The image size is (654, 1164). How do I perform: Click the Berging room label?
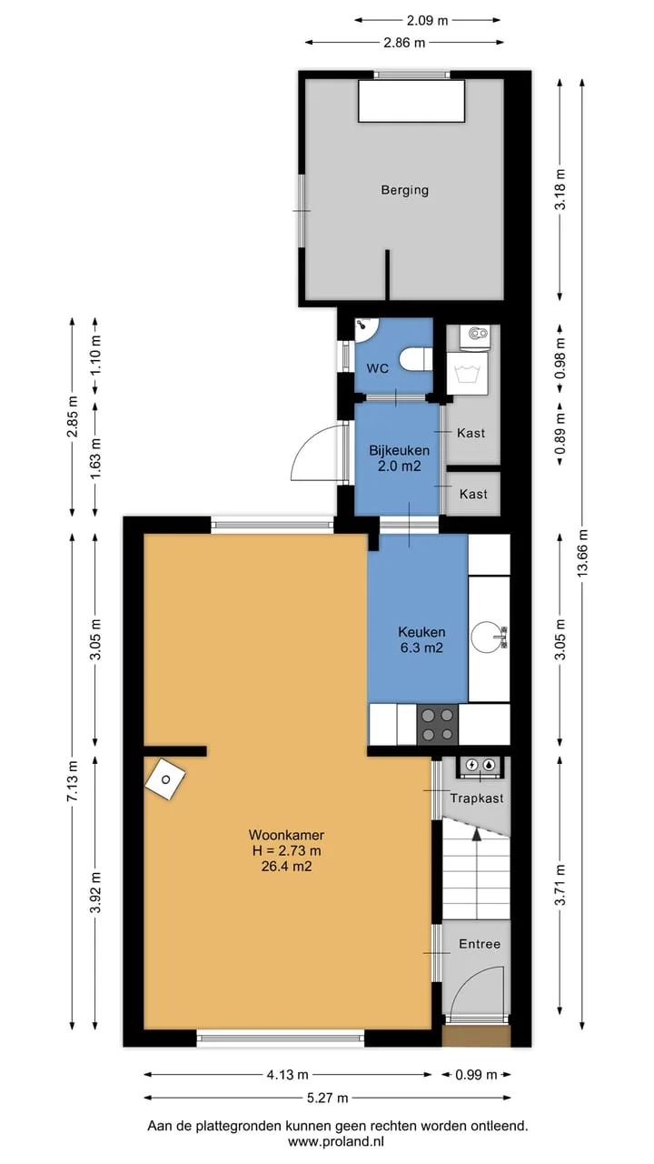pyautogui.click(x=405, y=190)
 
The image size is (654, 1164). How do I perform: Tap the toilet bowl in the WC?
pyautogui.click(x=416, y=359)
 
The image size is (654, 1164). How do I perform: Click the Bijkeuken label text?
pyautogui.click(x=399, y=450)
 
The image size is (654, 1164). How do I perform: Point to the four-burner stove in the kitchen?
pyautogui.click(x=438, y=725)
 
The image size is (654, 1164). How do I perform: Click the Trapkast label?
pyautogui.click(x=477, y=798)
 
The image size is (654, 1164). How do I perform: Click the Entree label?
pyautogui.click(x=480, y=944)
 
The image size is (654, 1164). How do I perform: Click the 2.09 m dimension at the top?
pyautogui.click(x=427, y=20)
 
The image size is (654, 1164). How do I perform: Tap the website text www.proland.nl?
pyautogui.click(x=336, y=1141)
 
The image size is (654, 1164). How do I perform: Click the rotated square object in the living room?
pyautogui.click(x=165, y=779)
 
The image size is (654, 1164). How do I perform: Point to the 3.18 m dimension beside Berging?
pyautogui.click(x=560, y=189)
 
